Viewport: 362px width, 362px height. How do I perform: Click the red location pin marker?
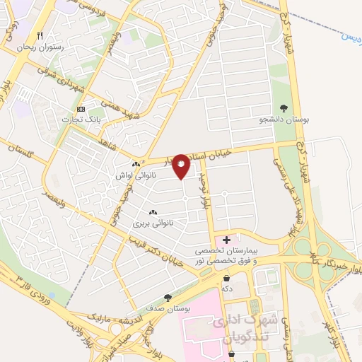tap(182, 165)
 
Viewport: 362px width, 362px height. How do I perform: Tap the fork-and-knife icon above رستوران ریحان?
tap(40, 35)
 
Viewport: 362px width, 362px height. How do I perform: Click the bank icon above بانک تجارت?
tap(81, 109)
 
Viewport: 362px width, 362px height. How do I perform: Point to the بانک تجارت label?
tap(81, 119)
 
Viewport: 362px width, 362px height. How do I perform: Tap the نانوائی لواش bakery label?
tap(136, 174)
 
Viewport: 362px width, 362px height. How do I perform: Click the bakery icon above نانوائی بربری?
tap(153, 211)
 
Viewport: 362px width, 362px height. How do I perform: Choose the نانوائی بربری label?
tap(153, 223)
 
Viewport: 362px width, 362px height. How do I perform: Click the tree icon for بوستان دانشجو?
tap(284, 108)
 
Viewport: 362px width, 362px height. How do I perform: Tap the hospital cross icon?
tap(226, 240)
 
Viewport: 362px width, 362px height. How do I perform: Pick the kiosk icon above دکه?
tap(226, 278)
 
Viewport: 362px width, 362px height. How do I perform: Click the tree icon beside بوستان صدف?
tap(168, 298)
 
